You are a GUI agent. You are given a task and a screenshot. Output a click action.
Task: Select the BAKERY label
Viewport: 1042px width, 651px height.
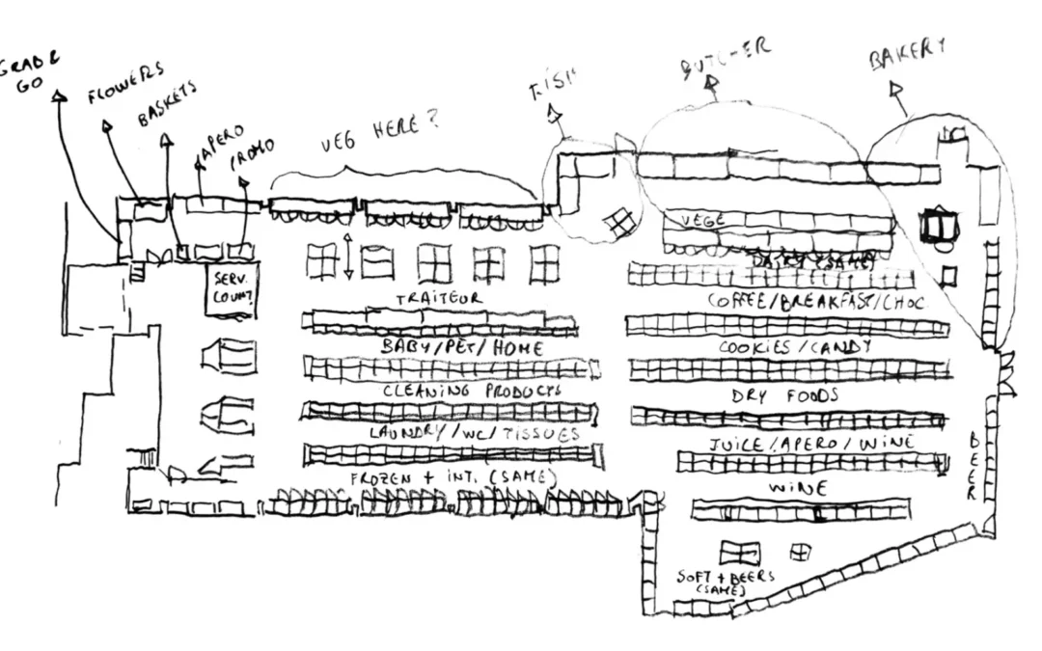[906, 56]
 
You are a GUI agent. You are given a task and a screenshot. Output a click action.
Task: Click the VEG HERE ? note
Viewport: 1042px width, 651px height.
[379, 136]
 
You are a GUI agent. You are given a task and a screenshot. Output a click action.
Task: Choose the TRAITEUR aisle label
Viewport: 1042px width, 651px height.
[438, 300]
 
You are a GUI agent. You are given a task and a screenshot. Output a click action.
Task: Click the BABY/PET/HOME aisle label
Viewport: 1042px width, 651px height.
[462, 347]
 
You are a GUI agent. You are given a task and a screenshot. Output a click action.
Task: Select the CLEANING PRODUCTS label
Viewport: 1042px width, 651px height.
[471, 392]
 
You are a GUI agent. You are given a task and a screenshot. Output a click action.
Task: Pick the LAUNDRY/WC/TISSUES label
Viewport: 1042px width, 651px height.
[475, 434]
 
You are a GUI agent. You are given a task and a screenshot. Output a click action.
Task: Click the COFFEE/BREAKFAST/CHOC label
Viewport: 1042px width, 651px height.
[815, 302]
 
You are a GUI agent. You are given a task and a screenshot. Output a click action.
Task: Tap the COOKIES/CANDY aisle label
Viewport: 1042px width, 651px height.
[795, 347]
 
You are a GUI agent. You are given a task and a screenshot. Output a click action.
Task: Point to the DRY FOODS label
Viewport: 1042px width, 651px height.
[798, 395]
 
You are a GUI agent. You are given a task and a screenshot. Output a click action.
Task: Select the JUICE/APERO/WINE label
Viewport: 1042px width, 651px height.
[811, 445]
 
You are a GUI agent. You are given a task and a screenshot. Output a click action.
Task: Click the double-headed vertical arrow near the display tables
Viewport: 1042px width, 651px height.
[347, 256]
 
